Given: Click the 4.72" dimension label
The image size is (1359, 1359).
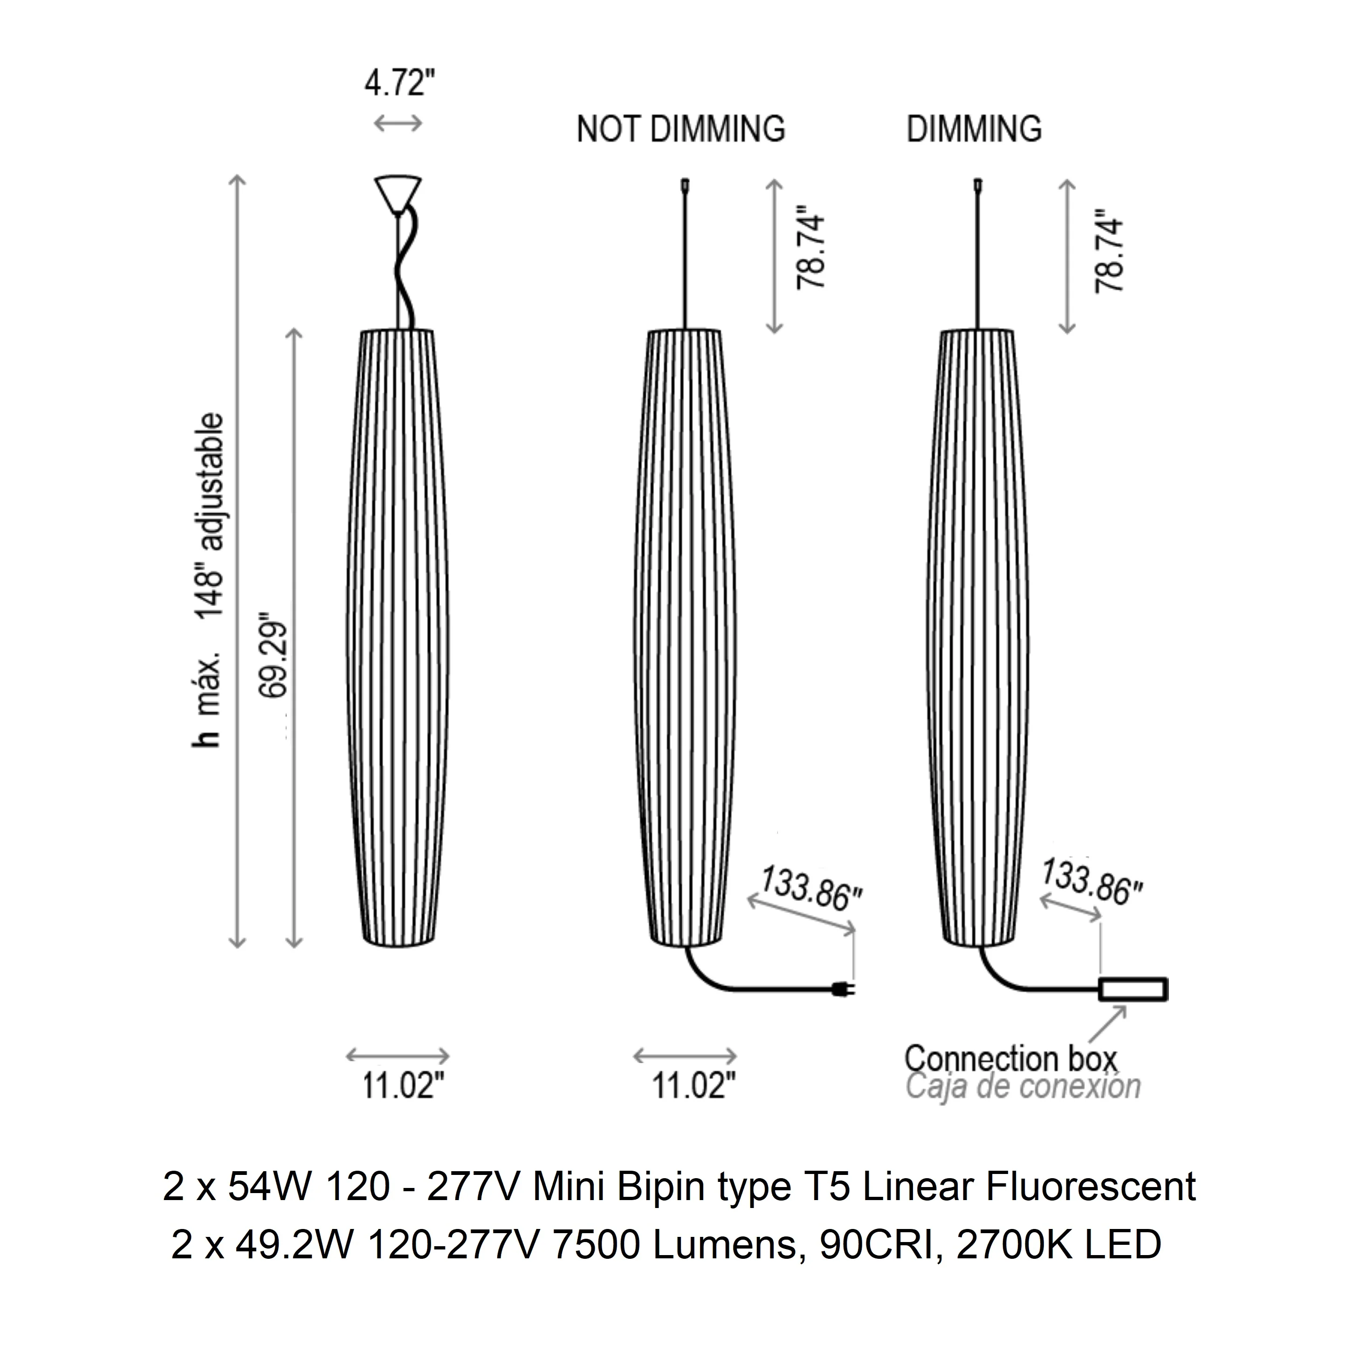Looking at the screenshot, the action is tap(399, 84).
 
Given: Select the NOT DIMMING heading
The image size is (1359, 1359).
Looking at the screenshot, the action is tap(681, 130).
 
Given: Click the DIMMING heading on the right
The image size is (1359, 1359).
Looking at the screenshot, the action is tap(974, 130).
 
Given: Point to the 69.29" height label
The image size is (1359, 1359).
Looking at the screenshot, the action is tap(274, 658).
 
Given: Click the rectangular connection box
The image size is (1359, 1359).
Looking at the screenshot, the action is tap(1133, 988).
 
